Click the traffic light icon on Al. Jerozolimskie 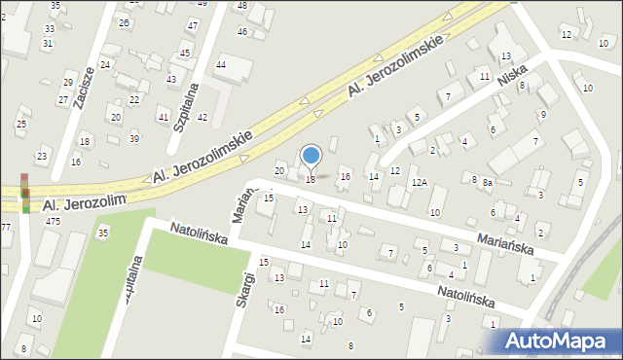coord(25,193)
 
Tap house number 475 coord(53,222)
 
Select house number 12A coord(420,182)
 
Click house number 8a coord(489,182)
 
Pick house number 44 coord(221,64)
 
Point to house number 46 coord(241,31)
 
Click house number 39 coord(134,138)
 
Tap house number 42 coord(202,117)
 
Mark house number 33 coord(49,29)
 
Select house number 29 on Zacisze coord(68,82)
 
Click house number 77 coord(5,227)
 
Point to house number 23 coord(42,156)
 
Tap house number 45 coord(185,53)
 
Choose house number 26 coord(124,22)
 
